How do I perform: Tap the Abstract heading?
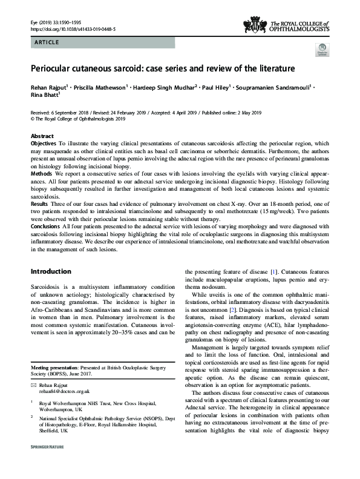point(42,136)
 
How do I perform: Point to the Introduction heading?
point(51,271)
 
